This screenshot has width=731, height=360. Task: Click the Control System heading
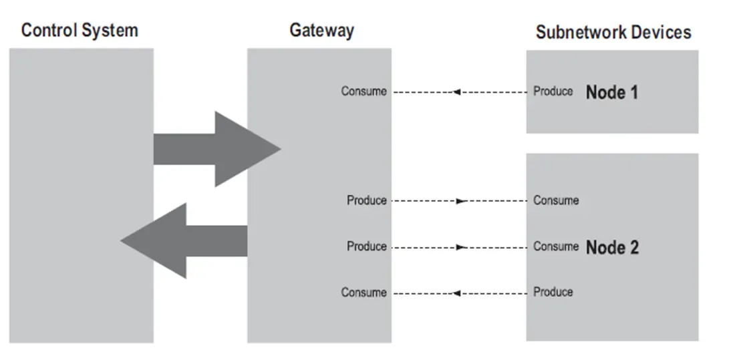coord(80,30)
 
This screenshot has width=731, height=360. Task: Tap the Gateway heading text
coord(321,30)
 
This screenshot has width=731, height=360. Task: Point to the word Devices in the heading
coord(661,32)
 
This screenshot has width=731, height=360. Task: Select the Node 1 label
coord(611,92)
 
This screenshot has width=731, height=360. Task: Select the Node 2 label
coord(612,247)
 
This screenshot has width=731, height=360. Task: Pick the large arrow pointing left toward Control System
coord(184,240)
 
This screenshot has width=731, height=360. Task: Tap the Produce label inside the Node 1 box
coord(553,92)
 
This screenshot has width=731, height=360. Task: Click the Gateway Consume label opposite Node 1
coord(363,92)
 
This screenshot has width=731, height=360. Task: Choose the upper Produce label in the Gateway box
coord(366,200)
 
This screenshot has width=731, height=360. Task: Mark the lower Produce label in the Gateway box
coord(366,246)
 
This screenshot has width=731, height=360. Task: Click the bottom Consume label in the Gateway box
coord(363,293)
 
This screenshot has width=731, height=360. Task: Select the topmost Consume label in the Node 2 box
coord(556,200)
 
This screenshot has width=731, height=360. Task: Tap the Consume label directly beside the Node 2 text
coord(556,246)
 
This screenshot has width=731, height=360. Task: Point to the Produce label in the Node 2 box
coord(553,292)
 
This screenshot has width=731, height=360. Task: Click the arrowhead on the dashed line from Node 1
coord(456,92)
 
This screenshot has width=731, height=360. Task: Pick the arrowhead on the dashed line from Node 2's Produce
coord(456,293)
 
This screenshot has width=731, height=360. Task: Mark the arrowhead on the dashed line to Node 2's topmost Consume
coord(460,200)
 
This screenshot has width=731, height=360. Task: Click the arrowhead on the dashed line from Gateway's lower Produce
coord(460,247)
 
